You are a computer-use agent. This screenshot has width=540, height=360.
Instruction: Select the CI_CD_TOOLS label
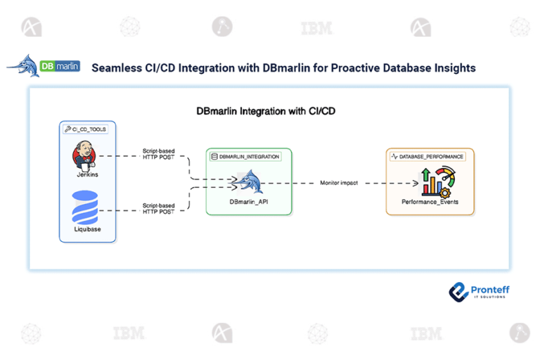coord(88,129)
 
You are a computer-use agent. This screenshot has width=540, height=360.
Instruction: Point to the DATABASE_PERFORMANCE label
coord(430,156)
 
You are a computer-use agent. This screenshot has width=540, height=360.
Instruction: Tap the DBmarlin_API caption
coord(248,202)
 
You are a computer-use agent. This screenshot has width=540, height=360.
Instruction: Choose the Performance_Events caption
coord(430,202)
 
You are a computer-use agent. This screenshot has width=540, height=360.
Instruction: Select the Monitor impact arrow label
coord(340,183)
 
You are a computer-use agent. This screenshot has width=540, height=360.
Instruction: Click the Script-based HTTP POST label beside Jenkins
coord(159,155)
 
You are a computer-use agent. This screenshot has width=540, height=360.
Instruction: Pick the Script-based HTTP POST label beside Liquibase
coord(159,208)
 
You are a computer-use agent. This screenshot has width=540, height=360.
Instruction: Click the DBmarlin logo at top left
coord(44,66)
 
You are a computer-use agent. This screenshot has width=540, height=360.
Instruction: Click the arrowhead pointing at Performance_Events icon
coord(415,184)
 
